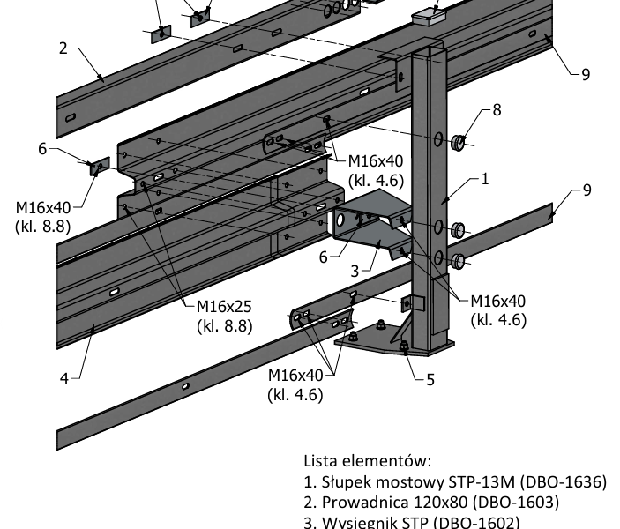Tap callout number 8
(x=497, y=110)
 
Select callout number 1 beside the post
(x=485, y=178)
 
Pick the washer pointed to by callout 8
(x=459, y=143)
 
